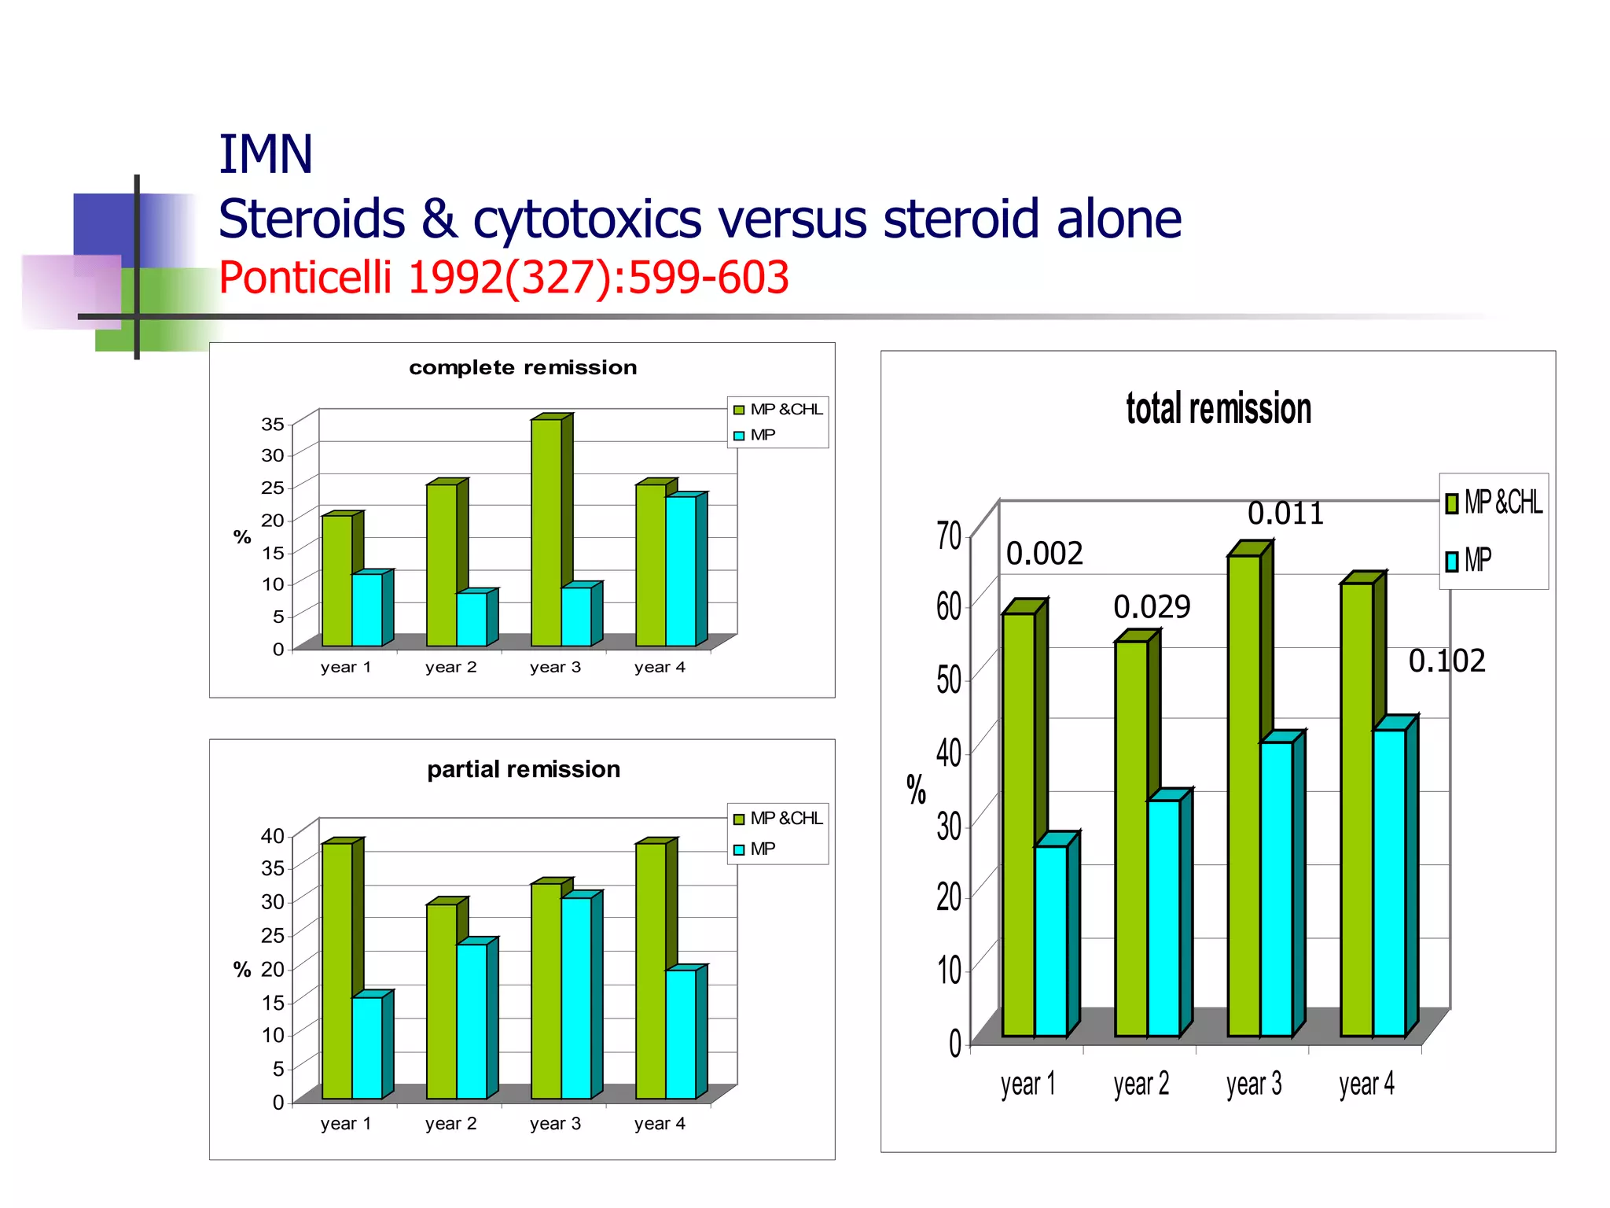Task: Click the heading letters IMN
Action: pyautogui.click(x=265, y=154)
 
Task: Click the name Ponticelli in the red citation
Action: pyautogui.click(x=305, y=278)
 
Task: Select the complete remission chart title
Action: pyautogui.click(x=523, y=367)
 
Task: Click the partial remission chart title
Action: pyautogui.click(x=524, y=769)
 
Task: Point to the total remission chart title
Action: pyautogui.click(x=1219, y=409)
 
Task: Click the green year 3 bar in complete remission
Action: pyautogui.click(x=546, y=535)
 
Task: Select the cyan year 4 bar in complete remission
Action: pyautogui.click(x=681, y=570)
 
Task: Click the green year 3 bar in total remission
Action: pyautogui.click(x=1244, y=794)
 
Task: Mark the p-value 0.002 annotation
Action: pyautogui.click(x=1045, y=554)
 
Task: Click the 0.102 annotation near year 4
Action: pyautogui.click(x=1446, y=661)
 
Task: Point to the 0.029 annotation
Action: pyautogui.click(x=1152, y=607)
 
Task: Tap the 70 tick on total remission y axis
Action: pyautogui.click(x=949, y=536)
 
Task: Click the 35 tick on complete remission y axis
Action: pyautogui.click(x=273, y=425)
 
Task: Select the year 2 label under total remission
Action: pyautogui.click(x=1141, y=1085)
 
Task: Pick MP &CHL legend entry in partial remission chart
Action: pyautogui.click(x=778, y=819)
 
